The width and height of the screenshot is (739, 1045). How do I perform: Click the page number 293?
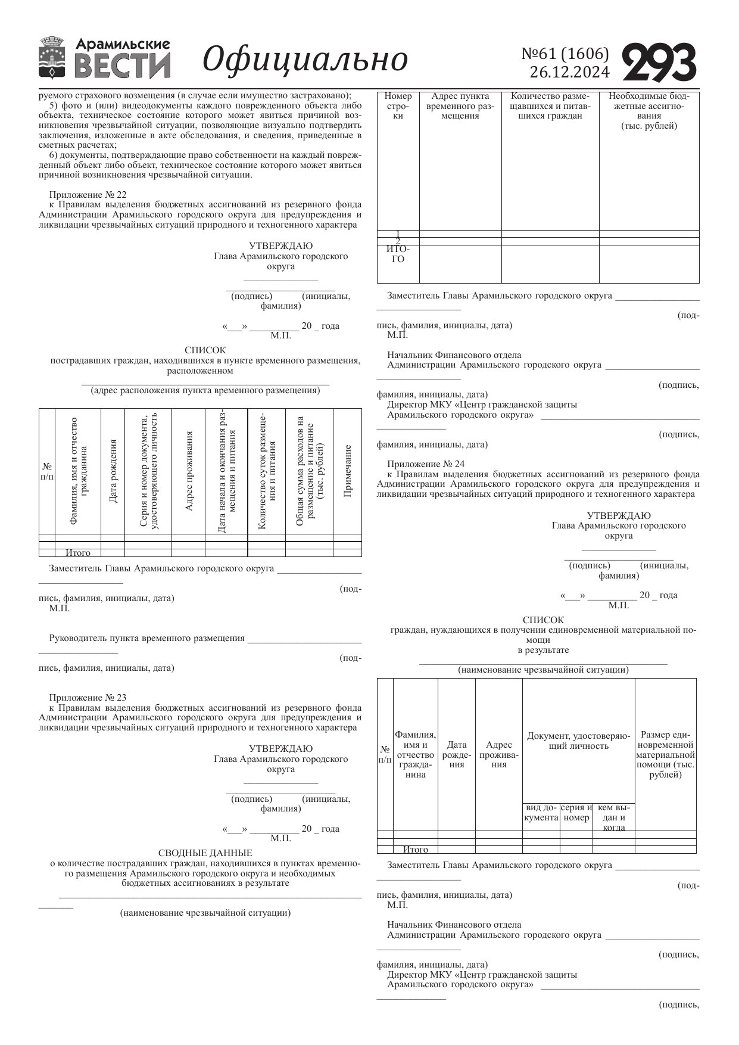point(659,62)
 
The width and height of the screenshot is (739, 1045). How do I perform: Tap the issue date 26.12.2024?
point(569,73)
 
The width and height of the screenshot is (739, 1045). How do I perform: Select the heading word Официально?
point(305,59)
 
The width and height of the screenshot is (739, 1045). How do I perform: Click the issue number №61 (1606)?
point(565,54)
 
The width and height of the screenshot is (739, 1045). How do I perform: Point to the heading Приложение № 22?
point(88,195)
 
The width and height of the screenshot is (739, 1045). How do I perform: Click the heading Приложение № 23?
point(88,698)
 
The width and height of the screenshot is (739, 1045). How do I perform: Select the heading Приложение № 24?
point(426,464)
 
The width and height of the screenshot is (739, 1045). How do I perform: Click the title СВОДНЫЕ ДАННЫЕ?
point(205,853)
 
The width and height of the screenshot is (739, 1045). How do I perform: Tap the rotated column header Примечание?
point(348,471)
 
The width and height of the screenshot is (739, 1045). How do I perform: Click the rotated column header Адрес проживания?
point(188,471)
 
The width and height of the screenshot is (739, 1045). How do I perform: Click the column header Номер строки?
point(398,105)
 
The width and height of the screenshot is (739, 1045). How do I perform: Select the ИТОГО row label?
point(398,254)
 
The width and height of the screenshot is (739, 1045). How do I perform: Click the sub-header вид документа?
point(541,813)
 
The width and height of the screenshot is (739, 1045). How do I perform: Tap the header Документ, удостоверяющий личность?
point(578,741)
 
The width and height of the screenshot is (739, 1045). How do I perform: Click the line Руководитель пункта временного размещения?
point(146,638)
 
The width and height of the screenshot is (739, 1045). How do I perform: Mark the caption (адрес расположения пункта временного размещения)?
point(205,391)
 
